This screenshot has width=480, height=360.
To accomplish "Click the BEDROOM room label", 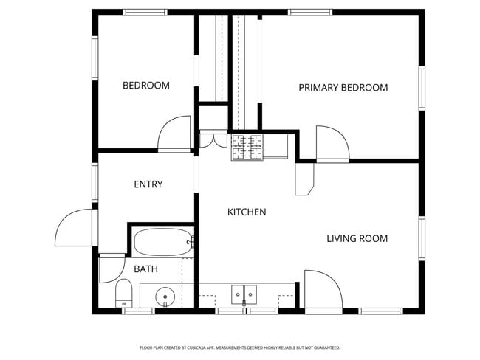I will click(x=145, y=86).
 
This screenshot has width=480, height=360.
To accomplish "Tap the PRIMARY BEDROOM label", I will click(x=343, y=88).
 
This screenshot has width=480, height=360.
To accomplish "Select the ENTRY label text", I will click(x=148, y=184).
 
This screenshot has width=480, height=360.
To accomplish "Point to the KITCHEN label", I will click(x=246, y=212).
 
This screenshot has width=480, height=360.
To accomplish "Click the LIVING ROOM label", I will click(x=357, y=238).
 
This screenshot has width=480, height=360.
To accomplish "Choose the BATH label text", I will click(x=145, y=269).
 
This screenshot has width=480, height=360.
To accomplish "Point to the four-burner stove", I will click(x=247, y=148).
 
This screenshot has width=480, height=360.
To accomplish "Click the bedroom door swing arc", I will click(x=174, y=133).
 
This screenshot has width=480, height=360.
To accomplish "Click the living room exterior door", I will click(x=321, y=288).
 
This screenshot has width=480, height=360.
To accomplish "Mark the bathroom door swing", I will click(x=111, y=269).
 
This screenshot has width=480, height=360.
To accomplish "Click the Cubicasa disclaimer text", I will click(x=240, y=347).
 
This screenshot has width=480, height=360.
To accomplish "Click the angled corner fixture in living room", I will click(x=304, y=179).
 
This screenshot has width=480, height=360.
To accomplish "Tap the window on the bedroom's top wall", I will click(x=145, y=13).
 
